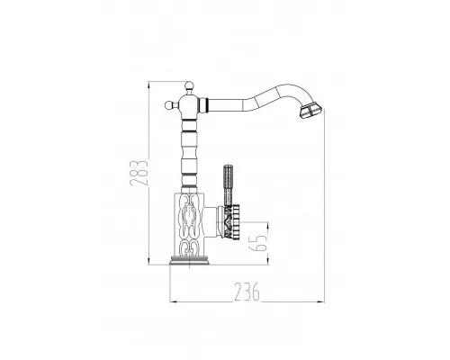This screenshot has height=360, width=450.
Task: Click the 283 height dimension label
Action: pyautogui.click(x=139, y=173)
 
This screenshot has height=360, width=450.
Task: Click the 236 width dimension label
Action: pyautogui.click(x=247, y=292)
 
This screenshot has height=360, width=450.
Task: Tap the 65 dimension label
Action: pyautogui.click(x=258, y=243)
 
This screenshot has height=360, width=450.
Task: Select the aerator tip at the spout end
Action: pyautogui.click(x=310, y=110)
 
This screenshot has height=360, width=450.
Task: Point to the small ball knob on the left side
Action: pyautogui.click(x=170, y=105)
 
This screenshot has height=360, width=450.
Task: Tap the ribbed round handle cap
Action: pyautogui.click(x=231, y=221)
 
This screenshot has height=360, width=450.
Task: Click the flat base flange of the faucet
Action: pyautogui.click(x=190, y=260)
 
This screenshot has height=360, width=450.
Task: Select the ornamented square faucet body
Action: pyautogui.click(x=190, y=225)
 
